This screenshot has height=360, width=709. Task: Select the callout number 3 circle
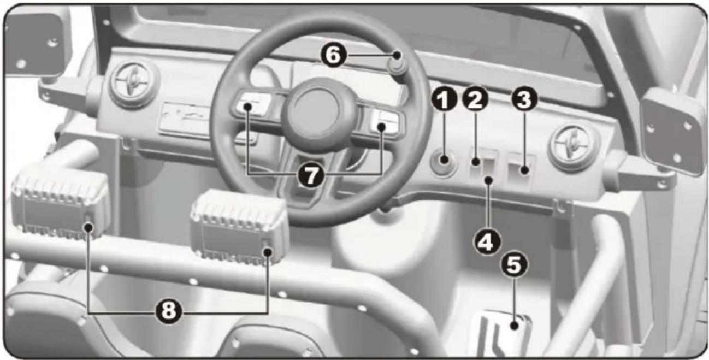click(x=524, y=99)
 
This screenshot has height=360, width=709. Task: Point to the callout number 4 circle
click(x=487, y=242)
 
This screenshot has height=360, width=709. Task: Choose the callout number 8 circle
click(x=168, y=311)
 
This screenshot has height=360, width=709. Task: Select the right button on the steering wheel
click(x=387, y=122)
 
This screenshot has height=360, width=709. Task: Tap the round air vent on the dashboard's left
click(x=133, y=82)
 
